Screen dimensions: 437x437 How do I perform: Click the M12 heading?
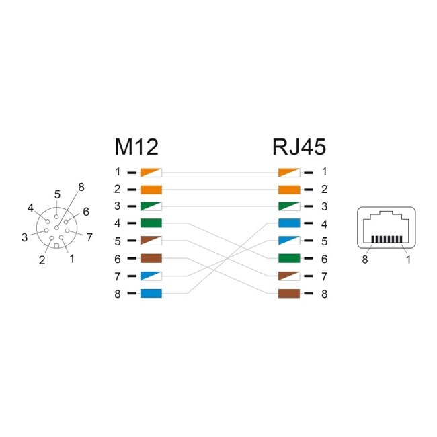coord(136,147)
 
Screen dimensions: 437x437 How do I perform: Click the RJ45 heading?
coord(299,147)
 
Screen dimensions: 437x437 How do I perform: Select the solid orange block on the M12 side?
coord(151,190)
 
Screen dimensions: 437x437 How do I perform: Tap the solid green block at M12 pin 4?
coord(151,223)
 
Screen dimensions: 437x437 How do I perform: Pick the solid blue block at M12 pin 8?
coord(151,294)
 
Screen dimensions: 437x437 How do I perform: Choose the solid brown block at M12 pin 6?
coord(151,258)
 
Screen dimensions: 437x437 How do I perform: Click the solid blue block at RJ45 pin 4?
coord(289,223)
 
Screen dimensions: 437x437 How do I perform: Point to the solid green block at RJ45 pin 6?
coord(289,258)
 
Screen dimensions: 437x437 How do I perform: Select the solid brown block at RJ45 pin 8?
coord(289,294)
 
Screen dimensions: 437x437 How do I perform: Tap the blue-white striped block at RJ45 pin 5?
coord(289,241)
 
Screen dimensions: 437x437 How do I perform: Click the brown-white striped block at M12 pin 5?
coord(151,241)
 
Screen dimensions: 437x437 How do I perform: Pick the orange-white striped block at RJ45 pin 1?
coord(289,173)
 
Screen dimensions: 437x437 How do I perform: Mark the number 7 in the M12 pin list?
coord(118,276)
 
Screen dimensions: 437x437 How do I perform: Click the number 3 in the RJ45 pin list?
coord(325,206)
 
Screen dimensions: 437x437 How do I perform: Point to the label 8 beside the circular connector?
coord(81,187)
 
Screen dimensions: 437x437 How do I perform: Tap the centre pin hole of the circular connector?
coord(57,228)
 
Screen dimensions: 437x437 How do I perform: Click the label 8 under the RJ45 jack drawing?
coord(365,260)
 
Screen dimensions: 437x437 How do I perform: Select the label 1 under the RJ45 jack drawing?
coord(408,260)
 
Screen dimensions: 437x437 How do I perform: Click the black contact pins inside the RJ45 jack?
coord(387,239)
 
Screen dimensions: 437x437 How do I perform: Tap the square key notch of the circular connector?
coord(56,246)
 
